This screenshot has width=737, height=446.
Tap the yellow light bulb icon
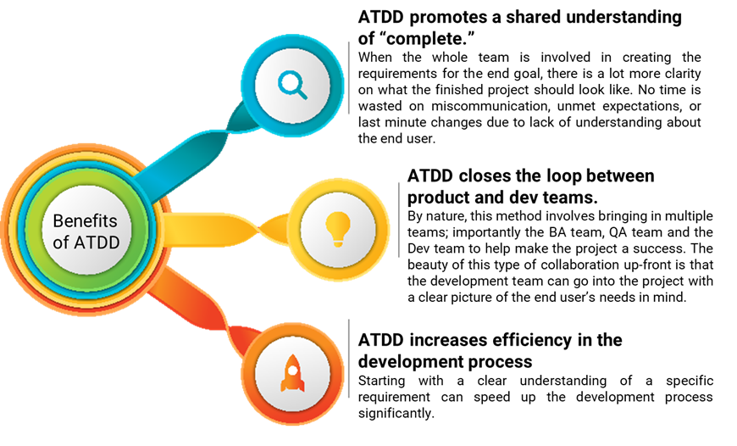coord(337,225)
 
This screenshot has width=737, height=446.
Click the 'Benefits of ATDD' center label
coord(85,231)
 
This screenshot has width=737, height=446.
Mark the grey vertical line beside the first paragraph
coord(349,76)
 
